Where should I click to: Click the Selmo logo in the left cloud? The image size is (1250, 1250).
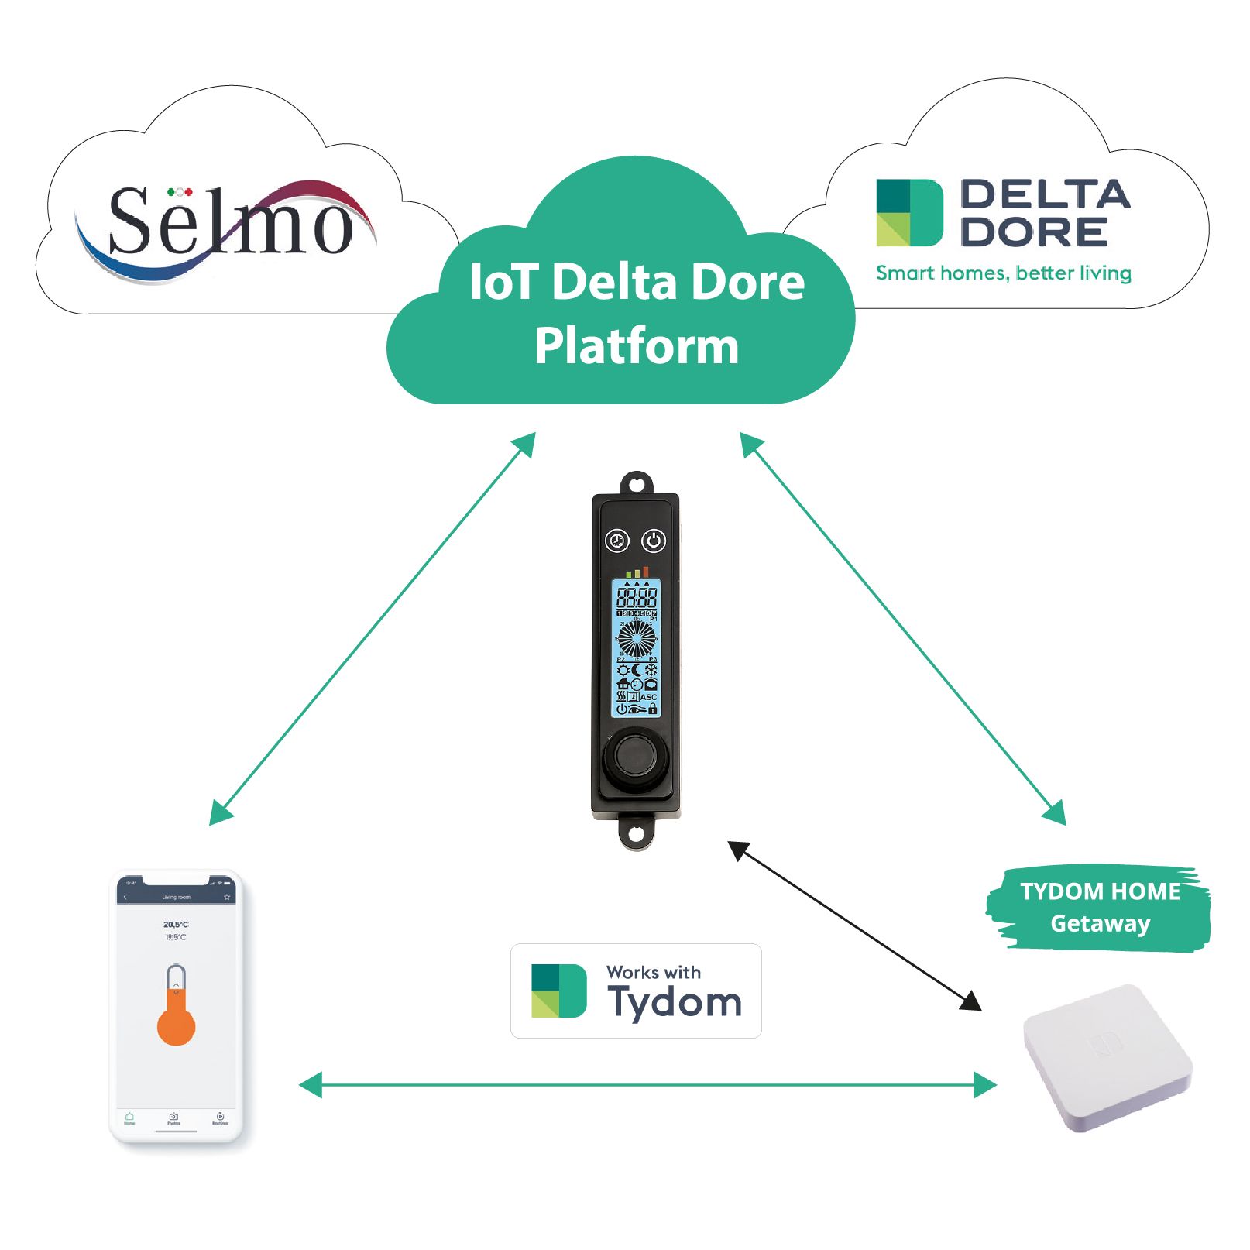pos(228,225)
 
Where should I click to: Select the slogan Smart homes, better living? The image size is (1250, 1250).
pos(1003,273)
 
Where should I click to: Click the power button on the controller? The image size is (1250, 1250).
pos(654,541)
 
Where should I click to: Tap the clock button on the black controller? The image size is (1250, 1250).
pos(617,541)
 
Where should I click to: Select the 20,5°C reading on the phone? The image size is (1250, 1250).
pos(176,924)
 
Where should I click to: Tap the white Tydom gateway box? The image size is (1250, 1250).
pos(1107,1058)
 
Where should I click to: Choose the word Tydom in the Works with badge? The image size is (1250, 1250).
pos(675,1002)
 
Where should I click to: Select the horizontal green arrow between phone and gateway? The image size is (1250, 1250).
pos(647,1085)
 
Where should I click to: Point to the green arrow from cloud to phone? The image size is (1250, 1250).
pos(372,628)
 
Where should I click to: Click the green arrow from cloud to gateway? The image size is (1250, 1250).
pos(903,628)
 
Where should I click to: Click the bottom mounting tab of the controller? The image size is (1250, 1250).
pos(636,834)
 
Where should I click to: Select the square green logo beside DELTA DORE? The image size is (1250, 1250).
pos(909,213)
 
